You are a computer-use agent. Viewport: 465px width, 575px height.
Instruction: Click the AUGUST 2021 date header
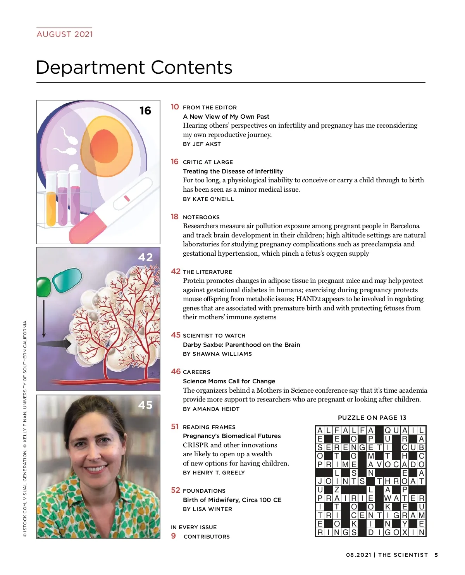click(x=65, y=34)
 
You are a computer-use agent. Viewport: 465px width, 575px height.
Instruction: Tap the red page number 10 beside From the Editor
click(x=175, y=107)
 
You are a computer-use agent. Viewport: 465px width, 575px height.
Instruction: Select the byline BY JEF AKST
click(x=202, y=144)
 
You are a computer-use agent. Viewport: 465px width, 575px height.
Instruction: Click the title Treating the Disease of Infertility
click(x=233, y=171)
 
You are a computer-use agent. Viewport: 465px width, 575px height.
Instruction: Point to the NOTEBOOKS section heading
click(x=201, y=217)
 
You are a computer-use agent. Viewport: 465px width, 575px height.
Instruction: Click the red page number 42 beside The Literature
click(x=176, y=271)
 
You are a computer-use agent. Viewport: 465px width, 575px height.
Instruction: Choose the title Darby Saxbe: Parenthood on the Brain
click(x=241, y=345)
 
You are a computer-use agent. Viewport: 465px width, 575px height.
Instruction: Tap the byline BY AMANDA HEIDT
click(x=211, y=409)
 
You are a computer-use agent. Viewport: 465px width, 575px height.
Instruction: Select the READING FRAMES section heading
click(x=209, y=427)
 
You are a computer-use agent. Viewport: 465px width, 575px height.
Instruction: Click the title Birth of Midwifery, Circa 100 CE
click(x=232, y=500)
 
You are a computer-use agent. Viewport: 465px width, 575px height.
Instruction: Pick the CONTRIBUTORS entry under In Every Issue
click(x=207, y=537)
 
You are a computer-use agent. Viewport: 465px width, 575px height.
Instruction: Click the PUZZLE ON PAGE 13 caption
click(x=372, y=417)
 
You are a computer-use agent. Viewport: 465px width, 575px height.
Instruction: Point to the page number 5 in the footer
click(x=436, y=555)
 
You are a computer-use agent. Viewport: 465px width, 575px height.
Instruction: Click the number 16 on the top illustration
click(x=145, y=111)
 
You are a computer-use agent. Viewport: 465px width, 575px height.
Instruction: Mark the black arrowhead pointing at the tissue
click(x=66, y=344)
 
